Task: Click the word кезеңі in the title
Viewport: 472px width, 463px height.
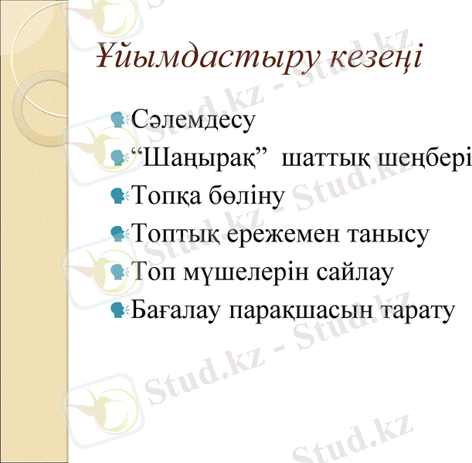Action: click(x=371, y=58)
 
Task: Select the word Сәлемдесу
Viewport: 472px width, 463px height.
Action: click(x=193, y=119)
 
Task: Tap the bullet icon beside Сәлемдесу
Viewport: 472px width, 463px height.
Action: click(x=118, y=119)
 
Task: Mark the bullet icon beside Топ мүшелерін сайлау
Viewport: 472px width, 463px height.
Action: click(x=118, y=272)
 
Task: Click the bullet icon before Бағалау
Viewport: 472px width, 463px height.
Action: click(x=118, y=309)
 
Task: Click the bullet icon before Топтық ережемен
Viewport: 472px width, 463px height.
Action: click(x=118, y=233)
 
